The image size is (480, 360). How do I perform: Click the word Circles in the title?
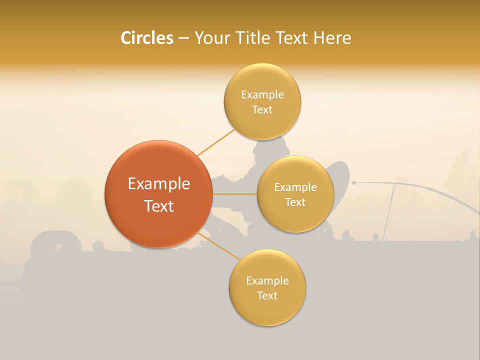(x=146, y=38)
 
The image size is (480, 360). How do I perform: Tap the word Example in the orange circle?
(x=158, y=184)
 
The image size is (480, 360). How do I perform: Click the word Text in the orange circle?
(x=158, y=206)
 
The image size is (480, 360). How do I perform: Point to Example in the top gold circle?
(x=262, y=95)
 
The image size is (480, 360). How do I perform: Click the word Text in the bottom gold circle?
(x=267, y=295)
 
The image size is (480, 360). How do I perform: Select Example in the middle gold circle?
(x=295, y=187)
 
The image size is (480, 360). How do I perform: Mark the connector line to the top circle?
(x=216, y=142)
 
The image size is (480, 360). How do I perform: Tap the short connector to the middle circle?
(x=234, y=193)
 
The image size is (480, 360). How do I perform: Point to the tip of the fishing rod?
(x=353, y=183)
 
